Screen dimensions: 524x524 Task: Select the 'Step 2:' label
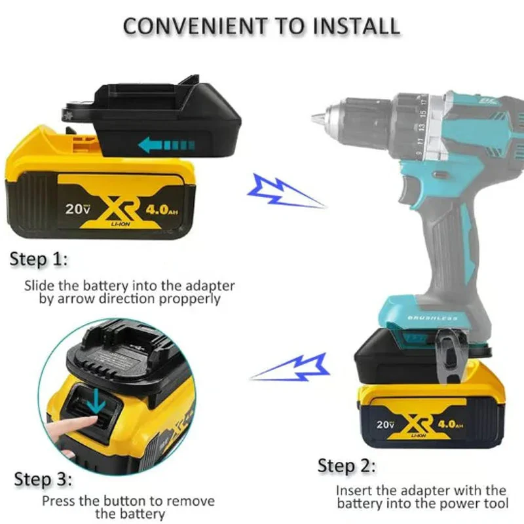pyautogui.click(x=347, y=466)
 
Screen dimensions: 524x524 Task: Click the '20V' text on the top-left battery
pyautogui.click(x=77, y=210)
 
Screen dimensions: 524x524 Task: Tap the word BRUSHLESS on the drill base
pyautogui.click(x=433, y=318)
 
